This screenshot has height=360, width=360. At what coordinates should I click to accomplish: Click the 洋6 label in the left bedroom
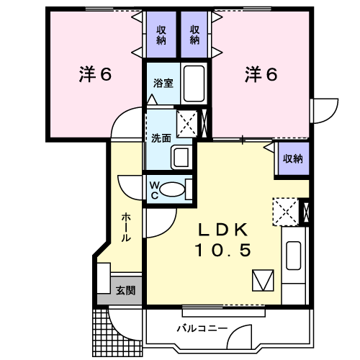94,74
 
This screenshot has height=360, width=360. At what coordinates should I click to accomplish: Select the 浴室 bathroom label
163,82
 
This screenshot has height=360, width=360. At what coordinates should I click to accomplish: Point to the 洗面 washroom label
160,138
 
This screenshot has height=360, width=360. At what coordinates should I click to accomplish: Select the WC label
154,189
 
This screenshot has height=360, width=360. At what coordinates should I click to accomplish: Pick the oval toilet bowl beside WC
171,190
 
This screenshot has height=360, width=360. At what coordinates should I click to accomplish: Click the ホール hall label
126,227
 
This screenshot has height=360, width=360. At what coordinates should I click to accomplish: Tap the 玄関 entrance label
125,291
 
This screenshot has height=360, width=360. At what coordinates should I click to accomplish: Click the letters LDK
223,230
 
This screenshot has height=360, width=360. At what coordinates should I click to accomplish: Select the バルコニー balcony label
202,329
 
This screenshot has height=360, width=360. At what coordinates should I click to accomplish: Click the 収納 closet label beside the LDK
292,158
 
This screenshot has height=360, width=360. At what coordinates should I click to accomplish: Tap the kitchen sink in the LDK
293,256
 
